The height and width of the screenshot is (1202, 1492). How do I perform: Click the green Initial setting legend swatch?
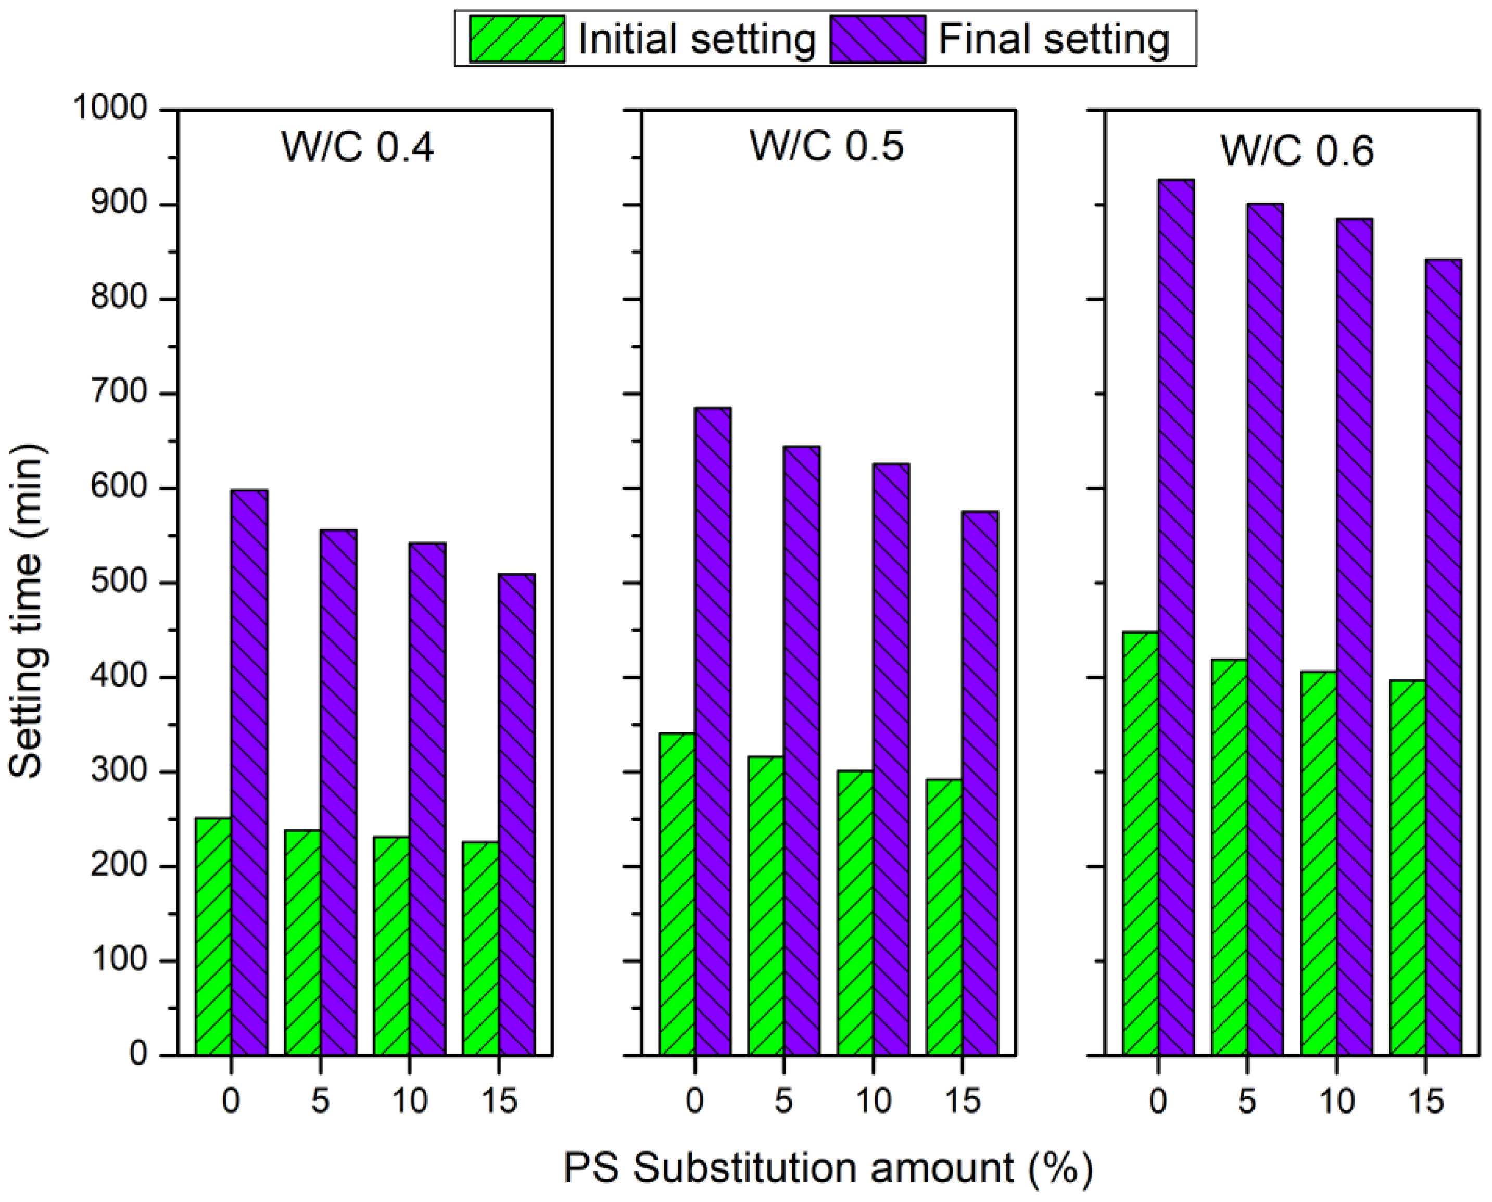click(516, 39)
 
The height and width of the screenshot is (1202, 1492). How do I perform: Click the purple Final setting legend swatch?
click(878, 39)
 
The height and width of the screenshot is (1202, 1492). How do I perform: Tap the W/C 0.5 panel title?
click(827, 146)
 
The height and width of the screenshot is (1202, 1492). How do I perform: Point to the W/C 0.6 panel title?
click(1296, 150)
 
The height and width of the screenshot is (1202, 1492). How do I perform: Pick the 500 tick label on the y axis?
click(120, 583)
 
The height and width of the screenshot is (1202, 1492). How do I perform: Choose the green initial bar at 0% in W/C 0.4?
click(213, 936)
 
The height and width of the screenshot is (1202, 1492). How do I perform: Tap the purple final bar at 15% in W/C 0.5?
click(980, 782)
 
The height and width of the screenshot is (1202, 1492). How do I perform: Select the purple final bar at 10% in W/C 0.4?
click(427, 799)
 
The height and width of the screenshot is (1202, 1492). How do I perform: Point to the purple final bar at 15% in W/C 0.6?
click(1444, 656)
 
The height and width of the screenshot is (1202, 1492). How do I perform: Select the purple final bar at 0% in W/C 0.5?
click(712, 730)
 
